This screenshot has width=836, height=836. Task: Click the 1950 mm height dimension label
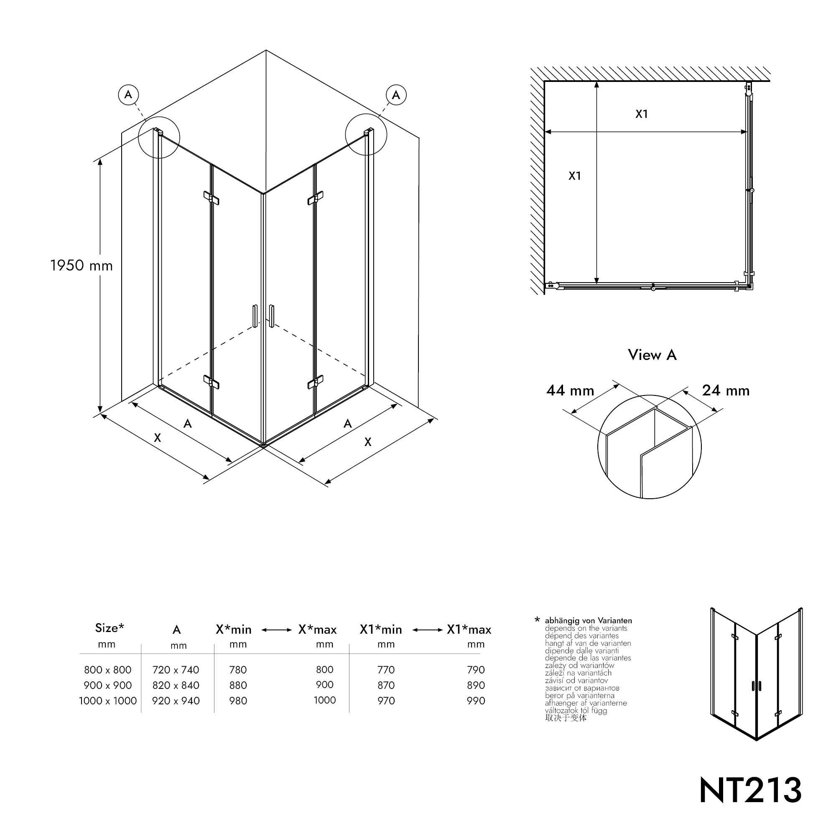pos(82,265)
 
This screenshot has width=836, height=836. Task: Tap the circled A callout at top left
pos(128,95)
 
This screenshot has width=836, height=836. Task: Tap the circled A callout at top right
pos(396,95)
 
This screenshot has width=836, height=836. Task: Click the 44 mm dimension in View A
pos(570,391)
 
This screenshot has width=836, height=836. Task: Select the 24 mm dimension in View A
pos(726,391)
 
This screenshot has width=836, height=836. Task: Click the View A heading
pos(652,355)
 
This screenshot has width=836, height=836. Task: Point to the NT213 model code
pos(750,790)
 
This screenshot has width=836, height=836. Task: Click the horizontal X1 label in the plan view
pos(641,114)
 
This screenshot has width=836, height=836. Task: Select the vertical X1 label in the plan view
pos(575,176)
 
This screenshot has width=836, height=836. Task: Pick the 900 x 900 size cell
pos(108,685)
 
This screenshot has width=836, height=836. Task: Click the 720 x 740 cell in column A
pos(176,670)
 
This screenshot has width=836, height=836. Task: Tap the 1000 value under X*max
pos(324,700)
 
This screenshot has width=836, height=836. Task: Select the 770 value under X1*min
pos(386,670)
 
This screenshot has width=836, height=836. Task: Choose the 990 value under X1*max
pos(476,701)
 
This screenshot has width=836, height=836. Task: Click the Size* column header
pos(110,628)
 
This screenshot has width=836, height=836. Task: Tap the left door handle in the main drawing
pos(255,316)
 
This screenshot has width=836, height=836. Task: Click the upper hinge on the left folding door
pos(211,198)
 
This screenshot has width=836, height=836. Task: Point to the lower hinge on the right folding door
pos(316,382)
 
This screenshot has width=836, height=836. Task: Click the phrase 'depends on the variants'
pos(586,628)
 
